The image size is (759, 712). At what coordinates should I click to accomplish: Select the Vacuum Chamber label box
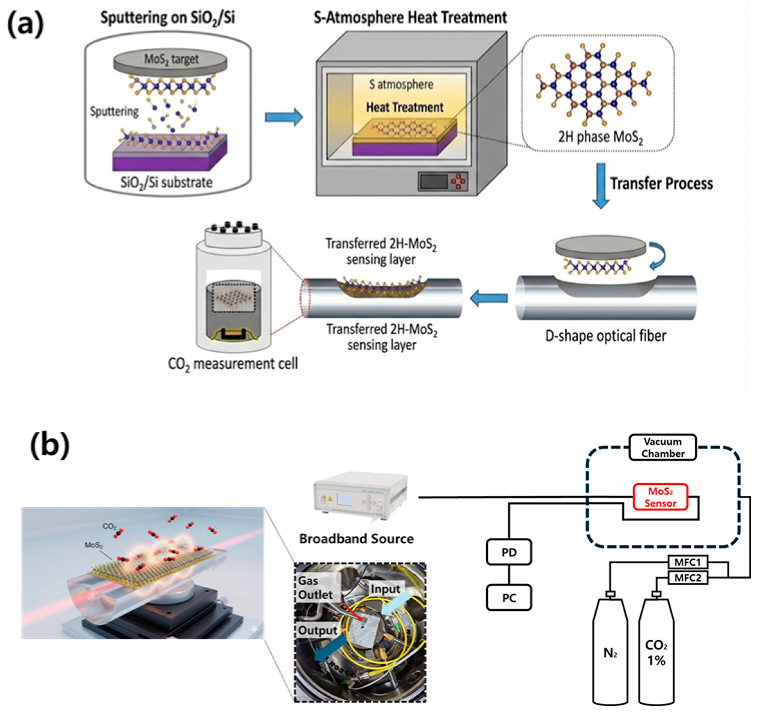click(x=662, y=447)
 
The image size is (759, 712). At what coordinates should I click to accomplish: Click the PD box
click(x=509, y=552)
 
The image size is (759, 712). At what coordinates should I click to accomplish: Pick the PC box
click(x=509, y=598)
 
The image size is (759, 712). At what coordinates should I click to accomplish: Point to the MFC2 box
click(x=687, y=577)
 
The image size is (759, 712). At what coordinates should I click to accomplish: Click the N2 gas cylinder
click(x=610, y=653)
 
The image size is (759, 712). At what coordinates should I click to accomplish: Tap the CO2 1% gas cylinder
click(x=656, y=653)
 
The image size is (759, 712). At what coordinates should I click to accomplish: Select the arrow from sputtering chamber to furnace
click(x=283, y=117)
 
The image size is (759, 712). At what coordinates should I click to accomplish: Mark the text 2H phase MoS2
click(x=600, y=137)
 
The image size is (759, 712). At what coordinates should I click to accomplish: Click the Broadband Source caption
click(x=356, y=539)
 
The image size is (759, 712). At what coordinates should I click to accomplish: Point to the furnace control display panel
click(x=433, y=181)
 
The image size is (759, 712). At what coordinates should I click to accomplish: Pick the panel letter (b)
click(x=50, y=445)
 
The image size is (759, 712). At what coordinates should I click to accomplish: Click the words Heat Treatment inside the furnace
click(x=404, y=107)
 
